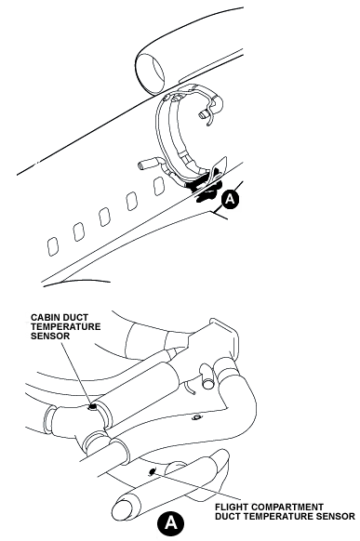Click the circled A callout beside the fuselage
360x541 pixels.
point(230,200)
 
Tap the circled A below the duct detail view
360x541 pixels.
point(170,523)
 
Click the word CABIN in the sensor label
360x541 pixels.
point(43,317)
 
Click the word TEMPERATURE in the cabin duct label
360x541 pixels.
point(65,326)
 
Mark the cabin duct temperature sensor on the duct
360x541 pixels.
point(92,407)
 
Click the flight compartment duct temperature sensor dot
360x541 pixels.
point(152,470)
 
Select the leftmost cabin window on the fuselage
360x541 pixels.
point(52,246)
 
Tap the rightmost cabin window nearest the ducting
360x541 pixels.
point(158,186)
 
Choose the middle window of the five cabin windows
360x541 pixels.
point(104,217)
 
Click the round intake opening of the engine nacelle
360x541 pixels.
point(150,73)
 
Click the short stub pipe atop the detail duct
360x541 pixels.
point(207,377)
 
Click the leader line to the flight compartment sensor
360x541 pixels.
point(196,485)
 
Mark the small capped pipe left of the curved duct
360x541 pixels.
point(149,164)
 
